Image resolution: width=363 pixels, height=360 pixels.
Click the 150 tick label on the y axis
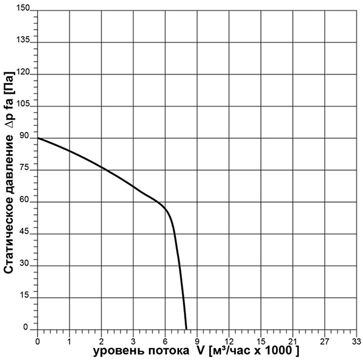[x=22, y=9]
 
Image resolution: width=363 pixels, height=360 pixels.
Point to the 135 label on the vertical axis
[x=22, y=41]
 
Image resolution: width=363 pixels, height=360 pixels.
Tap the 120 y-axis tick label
[x=22, y=73]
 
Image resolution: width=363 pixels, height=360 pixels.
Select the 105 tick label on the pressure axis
[x=22, y=105]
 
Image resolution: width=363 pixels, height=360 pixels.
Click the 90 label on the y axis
[x=25, y=137]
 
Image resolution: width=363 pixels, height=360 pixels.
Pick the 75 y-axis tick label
[x=25, y=169]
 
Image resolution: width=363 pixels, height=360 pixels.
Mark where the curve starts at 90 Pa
[x=38, y=138]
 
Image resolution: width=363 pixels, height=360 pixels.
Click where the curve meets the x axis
[x=186, y=328]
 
